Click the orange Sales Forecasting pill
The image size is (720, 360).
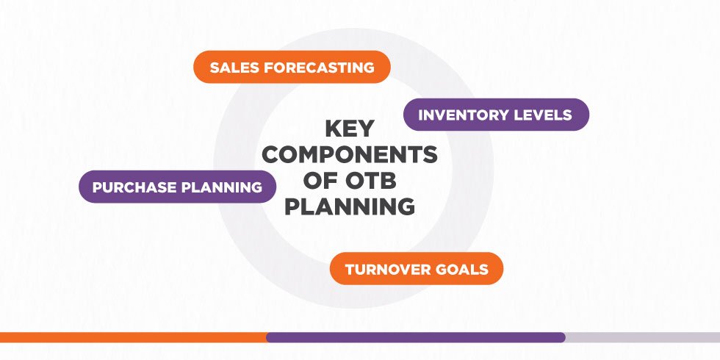(x=291, y=67)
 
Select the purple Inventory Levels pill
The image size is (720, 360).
(x=496, y=115)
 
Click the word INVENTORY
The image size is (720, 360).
(x=464, y=115)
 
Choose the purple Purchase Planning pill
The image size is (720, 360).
(x=177, y=187)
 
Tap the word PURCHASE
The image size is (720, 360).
(x=135, y=187)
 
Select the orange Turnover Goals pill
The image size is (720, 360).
(x=417, y=268)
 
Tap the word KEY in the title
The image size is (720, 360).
(x=350, y=129)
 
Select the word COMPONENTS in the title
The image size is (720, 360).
(x=350, y=155)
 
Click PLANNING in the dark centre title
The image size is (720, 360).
(x=350, y=207)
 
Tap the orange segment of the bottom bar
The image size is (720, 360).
(x=132, y=337)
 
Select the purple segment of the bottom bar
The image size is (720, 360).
(x=415, y=337)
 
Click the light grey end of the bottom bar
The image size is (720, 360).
(x=643, y=337)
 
